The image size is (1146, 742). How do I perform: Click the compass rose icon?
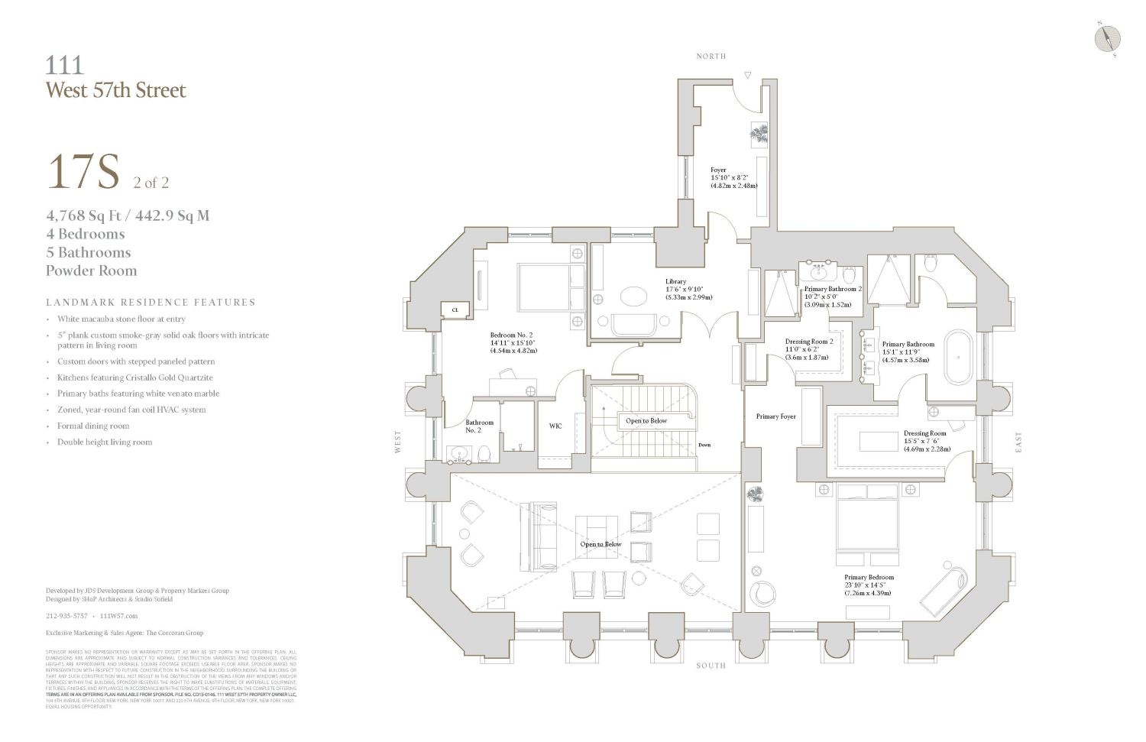tap(1107, 38)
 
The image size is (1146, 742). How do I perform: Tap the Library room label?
tap(675, 282)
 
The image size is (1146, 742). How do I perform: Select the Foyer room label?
tap(718, 170)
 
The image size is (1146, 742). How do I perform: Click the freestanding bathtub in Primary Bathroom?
tap(958, 357)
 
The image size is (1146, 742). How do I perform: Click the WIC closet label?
tap(555, 426)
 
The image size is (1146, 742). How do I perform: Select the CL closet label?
tap(455, 309)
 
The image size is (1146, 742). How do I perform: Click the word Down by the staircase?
tap(704, 445)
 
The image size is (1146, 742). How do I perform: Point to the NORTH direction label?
tap(711, 57)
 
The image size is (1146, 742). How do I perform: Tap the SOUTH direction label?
tap(711, 666)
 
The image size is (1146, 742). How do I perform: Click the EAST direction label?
tap(1018, 442)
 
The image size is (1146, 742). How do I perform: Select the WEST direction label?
tap(397, 442)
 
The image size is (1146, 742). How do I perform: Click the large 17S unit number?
tap(84, 173)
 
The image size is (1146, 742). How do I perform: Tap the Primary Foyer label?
tap(775, 416)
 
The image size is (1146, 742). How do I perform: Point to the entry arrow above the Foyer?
tap(747, 75)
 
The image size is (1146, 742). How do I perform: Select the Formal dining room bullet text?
tap(93, 426)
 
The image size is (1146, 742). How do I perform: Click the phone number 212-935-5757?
tap(66, 615)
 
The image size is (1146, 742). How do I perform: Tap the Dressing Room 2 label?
tap(809, 342)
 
